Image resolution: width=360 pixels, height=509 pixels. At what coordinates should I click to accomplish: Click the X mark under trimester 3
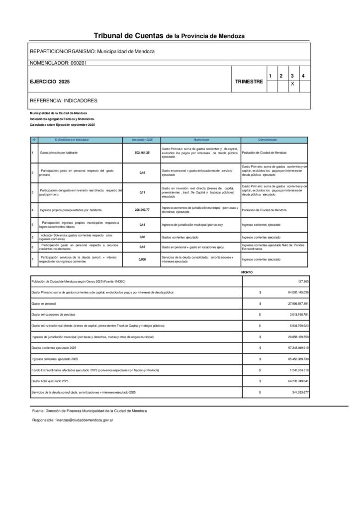coord(292,85)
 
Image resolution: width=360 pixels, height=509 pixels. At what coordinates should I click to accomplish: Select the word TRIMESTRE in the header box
coord(249,81)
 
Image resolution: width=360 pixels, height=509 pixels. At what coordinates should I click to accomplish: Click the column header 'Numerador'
coord(201,140)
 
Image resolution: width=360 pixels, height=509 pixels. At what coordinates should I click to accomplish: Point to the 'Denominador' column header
coord(274,140)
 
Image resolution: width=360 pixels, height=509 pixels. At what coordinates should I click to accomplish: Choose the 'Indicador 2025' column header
coord(142,140)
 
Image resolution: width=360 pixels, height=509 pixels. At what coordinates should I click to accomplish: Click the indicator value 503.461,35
coord(142,153)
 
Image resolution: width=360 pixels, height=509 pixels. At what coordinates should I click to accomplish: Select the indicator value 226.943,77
coord(142,210)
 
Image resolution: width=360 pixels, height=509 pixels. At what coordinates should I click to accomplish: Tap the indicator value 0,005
coord(142,259)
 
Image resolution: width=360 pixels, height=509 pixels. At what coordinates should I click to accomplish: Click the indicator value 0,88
coord(142,237)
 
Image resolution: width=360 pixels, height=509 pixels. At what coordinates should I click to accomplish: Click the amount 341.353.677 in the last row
coord(295,393)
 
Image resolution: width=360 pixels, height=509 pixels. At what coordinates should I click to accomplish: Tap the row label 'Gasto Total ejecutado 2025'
coord(50,381)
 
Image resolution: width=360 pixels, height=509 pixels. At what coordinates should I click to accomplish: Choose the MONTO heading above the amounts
coord(247,272)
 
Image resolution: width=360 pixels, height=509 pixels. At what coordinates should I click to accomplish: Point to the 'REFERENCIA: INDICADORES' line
coord(64,100)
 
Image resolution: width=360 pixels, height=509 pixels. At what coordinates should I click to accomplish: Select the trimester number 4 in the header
coord(303,76)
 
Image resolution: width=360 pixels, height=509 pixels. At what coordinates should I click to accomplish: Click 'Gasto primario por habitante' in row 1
coord(59,153)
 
